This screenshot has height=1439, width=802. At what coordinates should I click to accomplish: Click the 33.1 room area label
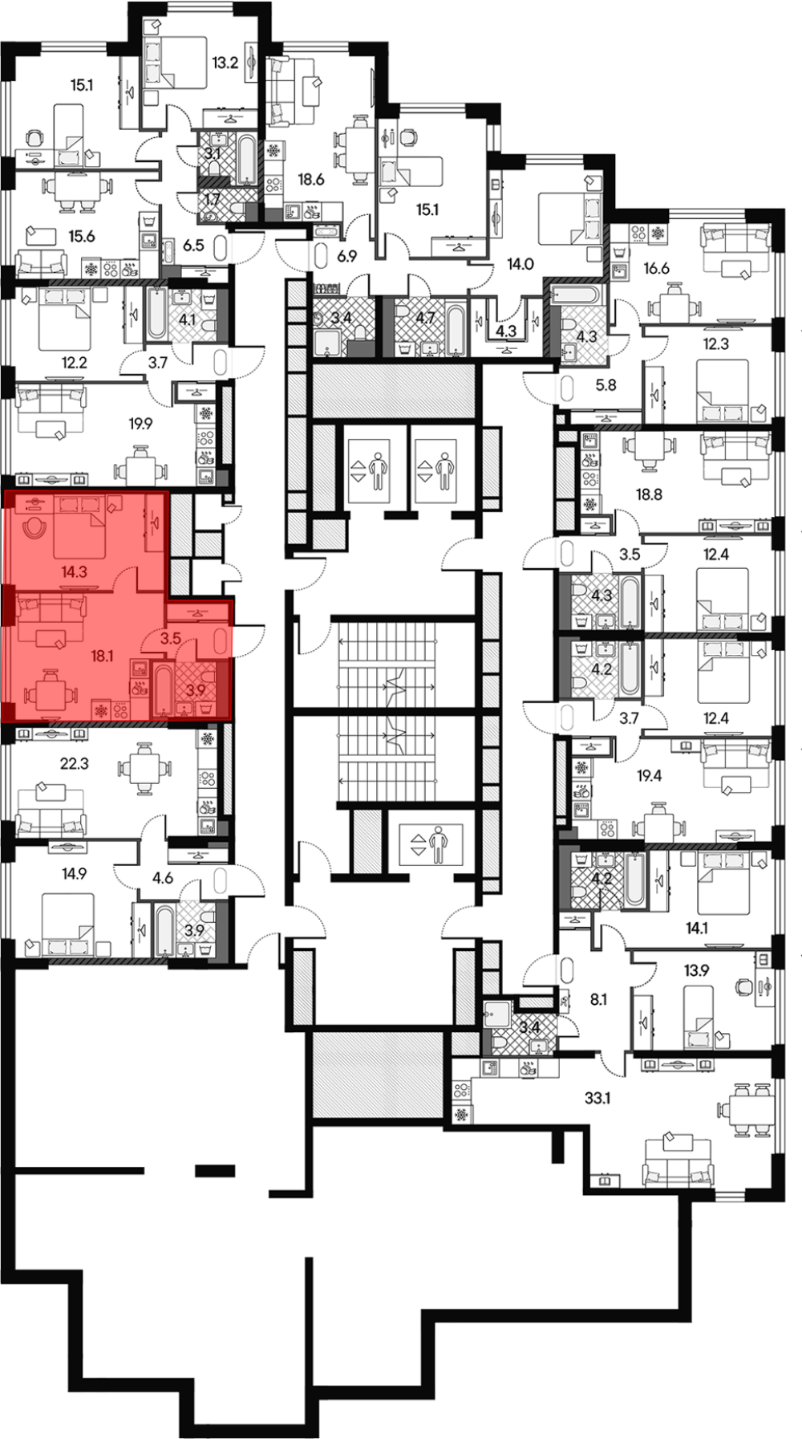[597, 1097]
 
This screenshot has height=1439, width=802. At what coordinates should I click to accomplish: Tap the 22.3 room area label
[74, 764]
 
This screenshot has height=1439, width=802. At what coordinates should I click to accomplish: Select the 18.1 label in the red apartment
[102, 656]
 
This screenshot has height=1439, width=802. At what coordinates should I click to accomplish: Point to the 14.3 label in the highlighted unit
[74, 572]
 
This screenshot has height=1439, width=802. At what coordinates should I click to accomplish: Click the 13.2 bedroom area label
[225, 62]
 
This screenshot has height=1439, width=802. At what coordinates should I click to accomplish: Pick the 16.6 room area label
[656, 268]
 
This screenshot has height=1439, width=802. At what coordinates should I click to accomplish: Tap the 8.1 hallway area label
[598, 999]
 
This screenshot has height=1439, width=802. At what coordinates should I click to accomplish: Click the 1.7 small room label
[213, 200]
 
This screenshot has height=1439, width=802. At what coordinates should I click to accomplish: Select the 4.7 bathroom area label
[425, 318]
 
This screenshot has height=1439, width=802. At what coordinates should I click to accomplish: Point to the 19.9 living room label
[140, 423]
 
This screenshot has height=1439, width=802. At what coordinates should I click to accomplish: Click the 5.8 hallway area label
[606, 385]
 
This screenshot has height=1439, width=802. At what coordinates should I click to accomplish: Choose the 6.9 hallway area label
[346, 257]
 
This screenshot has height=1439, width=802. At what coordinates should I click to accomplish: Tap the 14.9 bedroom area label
[74, 874]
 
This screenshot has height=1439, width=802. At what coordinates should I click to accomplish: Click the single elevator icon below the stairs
[431, 846]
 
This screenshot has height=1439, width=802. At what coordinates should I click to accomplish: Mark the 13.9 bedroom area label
[696, 970]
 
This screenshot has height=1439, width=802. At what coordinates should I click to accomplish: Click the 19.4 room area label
[649, 776]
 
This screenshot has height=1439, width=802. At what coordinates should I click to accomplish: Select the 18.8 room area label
[649, 495]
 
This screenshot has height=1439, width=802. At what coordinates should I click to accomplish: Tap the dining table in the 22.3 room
[144, 770]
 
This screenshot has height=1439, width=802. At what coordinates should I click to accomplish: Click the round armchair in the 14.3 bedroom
[34, 527]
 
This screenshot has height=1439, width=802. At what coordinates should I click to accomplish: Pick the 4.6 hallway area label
[163, 878]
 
